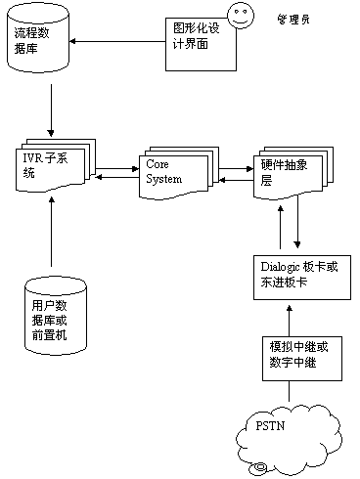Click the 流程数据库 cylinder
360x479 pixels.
pos(38,37)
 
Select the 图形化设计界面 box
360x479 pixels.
pos(201,44)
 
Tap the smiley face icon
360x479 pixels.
pos(241,16)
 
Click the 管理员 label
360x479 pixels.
pos(293,20)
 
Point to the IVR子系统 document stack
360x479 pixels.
pos(56,165)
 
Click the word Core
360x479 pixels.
pos(157,164)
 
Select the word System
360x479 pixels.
pos(163,179)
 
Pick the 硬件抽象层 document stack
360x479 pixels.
pos(293,172)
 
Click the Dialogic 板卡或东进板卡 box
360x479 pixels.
pos(302,278)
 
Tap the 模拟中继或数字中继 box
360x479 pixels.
pos(302,359)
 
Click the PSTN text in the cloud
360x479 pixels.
pos(270,426)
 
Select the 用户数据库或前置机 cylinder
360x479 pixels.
pos(56,316)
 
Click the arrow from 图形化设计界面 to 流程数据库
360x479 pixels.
pos(117,41)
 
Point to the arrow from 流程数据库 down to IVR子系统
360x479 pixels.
pos(51,110)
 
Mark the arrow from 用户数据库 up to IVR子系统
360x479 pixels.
pos(51,232)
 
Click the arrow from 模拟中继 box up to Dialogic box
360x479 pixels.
pos(289,321)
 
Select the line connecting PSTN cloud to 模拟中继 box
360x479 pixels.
pos(289,391)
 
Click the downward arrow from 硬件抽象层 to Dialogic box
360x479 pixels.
pos(297,222)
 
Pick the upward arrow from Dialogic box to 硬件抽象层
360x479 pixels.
pos(281,227)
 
